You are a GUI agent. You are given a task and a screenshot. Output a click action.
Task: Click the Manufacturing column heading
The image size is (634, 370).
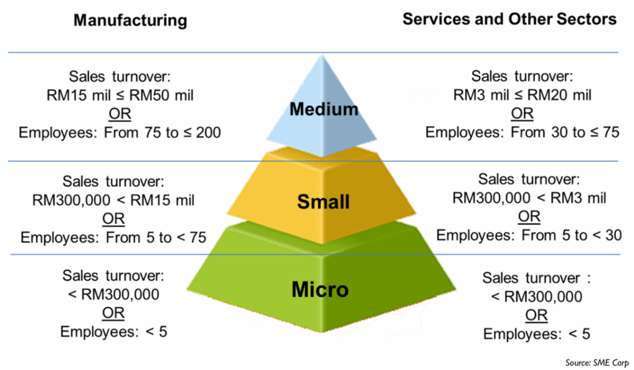(x=130, y=20)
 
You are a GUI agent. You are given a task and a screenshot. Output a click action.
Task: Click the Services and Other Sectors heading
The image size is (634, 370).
(x=510, y=19)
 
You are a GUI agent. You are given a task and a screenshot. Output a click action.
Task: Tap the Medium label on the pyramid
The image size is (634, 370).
(x=324, y=109)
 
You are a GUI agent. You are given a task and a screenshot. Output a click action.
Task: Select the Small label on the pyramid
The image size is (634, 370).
(x=323, y=202)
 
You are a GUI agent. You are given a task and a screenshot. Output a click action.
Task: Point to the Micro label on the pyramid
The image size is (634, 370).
(x=320, y=289)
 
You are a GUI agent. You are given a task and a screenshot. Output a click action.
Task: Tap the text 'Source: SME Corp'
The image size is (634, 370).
(x=597, y=363)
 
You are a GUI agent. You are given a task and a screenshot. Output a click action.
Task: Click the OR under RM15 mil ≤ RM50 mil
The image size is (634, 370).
(x=119, y=114)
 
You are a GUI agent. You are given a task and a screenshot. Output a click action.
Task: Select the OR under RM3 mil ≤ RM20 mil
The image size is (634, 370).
(x=522, y=113)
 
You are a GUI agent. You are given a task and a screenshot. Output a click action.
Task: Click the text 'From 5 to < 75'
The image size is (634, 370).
(x=156, y=238)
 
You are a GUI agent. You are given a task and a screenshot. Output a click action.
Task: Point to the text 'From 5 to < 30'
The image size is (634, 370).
(x=571, y=235)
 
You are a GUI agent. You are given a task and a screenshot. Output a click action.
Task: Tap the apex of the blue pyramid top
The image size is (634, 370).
(x=322, y=55)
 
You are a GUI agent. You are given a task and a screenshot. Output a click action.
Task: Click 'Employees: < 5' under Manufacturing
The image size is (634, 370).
(x=114, y=332)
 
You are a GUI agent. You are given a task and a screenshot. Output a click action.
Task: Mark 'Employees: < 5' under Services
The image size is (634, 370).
(x=537, y=334)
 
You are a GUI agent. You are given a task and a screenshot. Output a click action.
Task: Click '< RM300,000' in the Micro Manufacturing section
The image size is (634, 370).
(x=114, y=295)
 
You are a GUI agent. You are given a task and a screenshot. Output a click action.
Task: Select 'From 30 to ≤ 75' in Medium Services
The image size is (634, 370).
(x=565, y=132)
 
